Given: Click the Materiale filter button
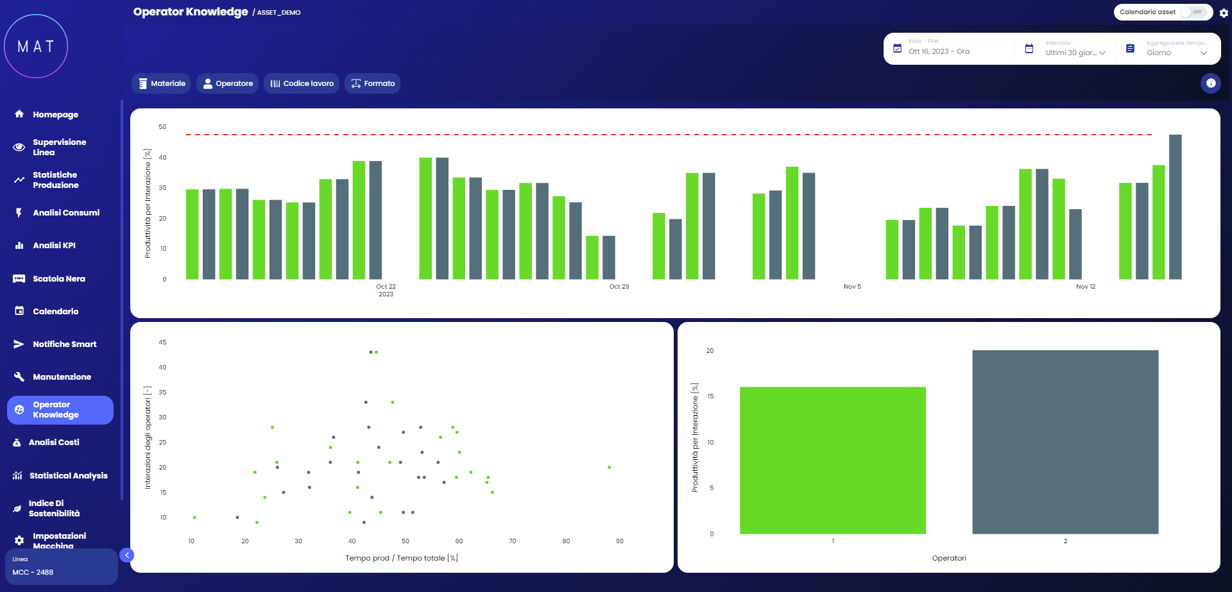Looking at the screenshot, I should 161,83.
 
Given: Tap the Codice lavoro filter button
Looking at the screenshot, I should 301,83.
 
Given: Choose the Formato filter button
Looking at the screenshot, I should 372,83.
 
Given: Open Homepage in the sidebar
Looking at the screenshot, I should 55,115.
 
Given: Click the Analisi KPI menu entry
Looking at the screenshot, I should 54,246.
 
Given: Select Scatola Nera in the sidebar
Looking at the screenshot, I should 58,279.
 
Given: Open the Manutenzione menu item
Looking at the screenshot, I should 62,377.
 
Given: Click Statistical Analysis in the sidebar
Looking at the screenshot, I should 68,476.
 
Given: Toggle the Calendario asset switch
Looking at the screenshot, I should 1193,12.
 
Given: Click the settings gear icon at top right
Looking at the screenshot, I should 1224,13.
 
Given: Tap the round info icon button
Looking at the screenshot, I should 1210,83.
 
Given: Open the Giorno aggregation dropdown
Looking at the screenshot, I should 1176,53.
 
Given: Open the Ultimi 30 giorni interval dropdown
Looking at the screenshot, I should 1075,53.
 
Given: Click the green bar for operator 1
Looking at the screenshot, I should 832,460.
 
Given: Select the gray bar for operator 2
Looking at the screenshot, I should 1065,442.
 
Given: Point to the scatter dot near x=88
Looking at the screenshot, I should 609,468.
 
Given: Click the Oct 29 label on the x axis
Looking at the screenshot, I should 619,287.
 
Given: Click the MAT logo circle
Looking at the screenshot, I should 36,46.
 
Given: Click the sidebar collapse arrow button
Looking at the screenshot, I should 127,555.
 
